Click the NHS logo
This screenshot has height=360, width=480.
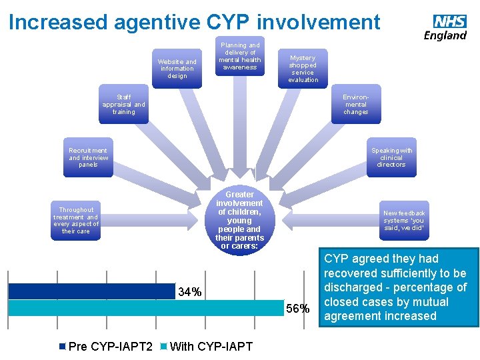449,21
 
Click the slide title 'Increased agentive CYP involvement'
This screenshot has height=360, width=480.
194,22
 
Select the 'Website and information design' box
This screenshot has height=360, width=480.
177,68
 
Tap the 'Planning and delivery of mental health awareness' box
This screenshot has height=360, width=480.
240,56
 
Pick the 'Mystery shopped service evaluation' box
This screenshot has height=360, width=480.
303,69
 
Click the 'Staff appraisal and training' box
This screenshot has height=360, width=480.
123,105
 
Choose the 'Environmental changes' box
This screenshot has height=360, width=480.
355,105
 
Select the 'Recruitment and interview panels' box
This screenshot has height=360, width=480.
88,158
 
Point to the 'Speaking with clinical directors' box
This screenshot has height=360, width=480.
391,158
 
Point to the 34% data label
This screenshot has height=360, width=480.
190,292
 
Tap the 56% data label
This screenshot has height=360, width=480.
297,308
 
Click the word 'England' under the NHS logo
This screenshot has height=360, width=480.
445,35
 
